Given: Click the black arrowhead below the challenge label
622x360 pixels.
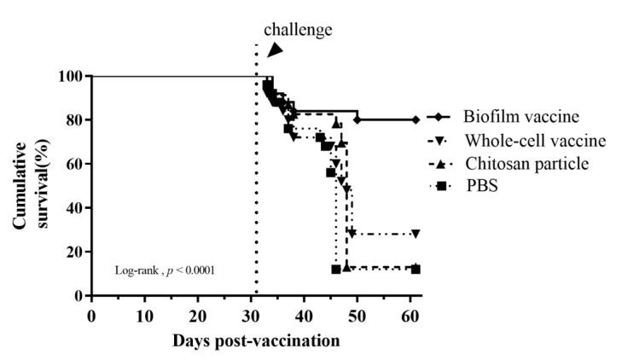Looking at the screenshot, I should pos(274,51).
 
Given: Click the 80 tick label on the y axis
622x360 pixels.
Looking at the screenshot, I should pos(73,120).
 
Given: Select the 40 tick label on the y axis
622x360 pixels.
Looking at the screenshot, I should pos(73,208).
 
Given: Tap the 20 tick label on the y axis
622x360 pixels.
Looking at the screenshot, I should pos(73,252).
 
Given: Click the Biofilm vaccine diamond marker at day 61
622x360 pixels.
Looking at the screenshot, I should pos(416,119).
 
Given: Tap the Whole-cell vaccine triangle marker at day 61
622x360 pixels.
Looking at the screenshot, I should pos(416,234).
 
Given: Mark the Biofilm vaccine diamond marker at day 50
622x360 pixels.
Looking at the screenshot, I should pos(358,119).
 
